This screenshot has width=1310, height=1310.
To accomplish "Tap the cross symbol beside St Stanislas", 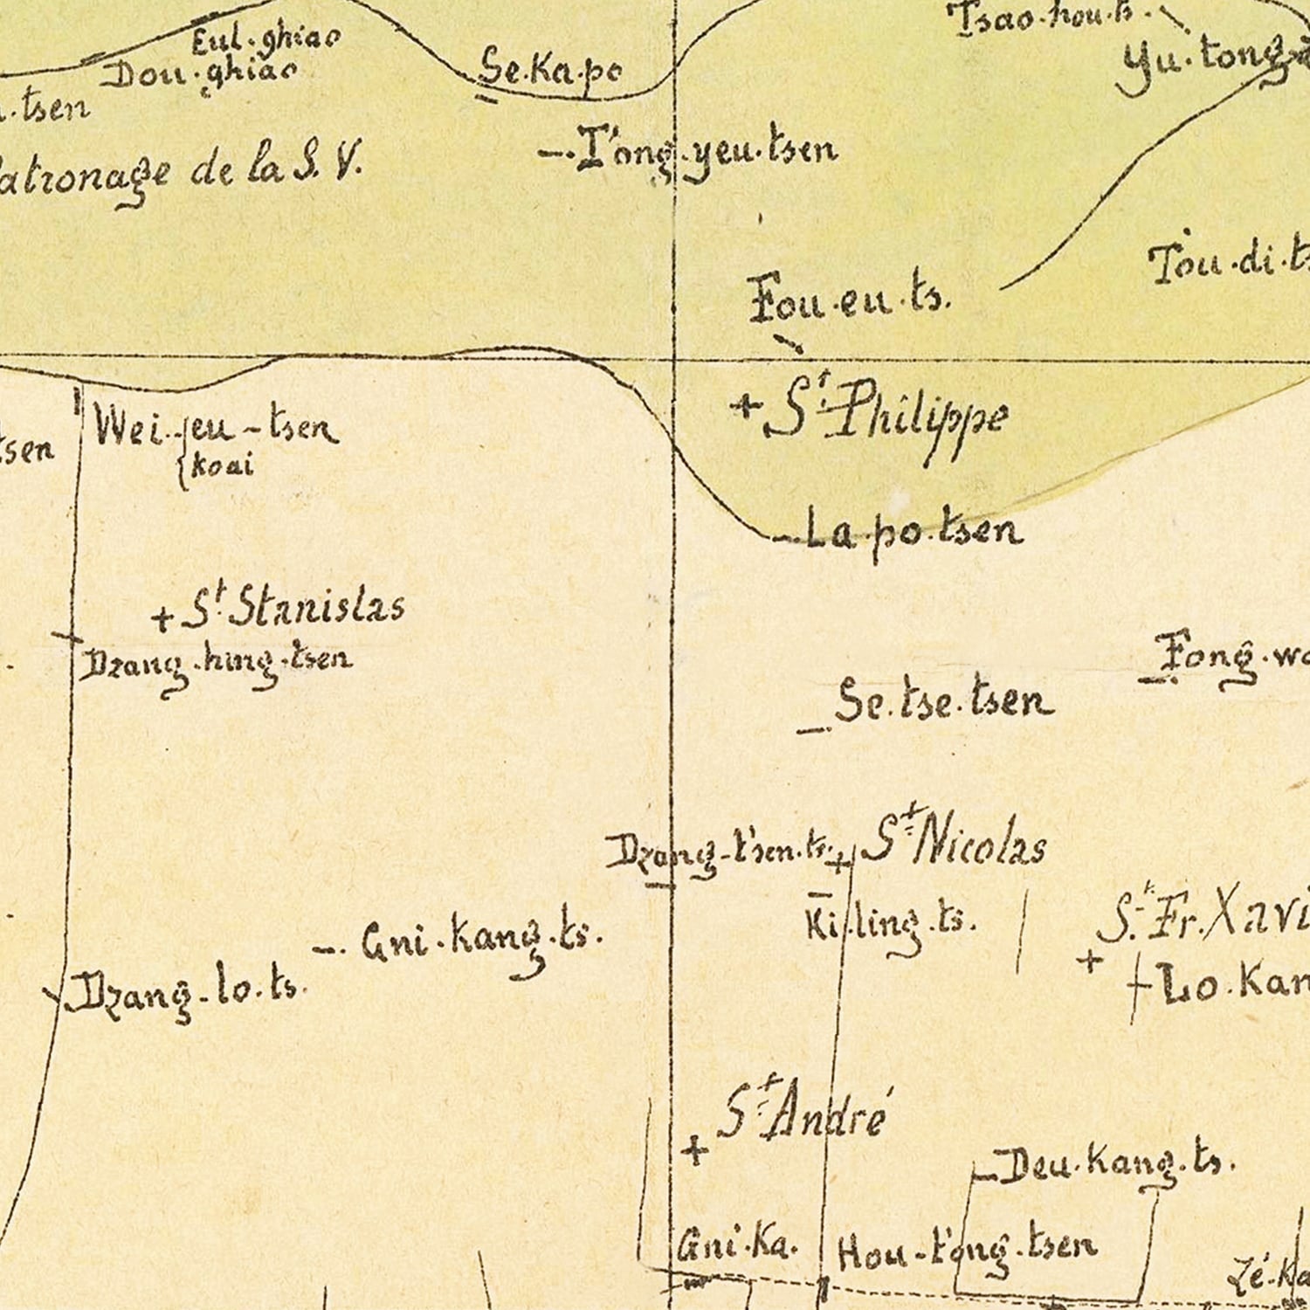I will point(162,618).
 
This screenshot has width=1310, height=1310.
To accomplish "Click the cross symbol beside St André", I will point(695,1149).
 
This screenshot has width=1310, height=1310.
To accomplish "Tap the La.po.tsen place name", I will point(912,531).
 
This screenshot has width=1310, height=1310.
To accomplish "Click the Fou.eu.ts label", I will point(847,299).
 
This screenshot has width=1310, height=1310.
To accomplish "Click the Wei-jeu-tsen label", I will point(215,428).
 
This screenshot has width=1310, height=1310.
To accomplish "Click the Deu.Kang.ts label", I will point(1114,1165).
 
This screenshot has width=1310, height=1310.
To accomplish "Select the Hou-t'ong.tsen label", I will point(966,1249).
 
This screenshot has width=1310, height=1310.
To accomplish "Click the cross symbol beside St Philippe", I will point(745,405).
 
